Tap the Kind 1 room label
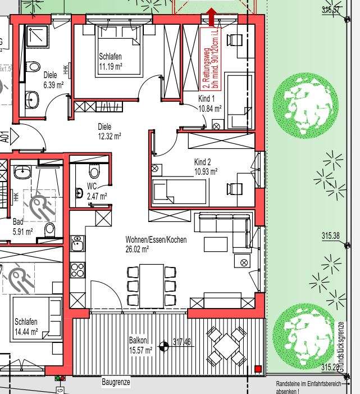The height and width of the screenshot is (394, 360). point(207,99)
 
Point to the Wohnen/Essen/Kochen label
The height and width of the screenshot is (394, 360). point(156,239)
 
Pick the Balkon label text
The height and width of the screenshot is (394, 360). point(138,340)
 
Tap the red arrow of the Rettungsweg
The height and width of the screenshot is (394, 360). point(211,17)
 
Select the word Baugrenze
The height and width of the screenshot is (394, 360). point(116,382)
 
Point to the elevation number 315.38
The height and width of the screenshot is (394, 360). point(331,237)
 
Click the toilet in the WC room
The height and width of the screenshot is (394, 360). point(94,171)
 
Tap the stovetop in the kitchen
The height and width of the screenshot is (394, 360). point(78,270)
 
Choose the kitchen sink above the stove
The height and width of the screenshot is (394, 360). point(77,244)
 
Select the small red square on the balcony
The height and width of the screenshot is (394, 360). point(257,369)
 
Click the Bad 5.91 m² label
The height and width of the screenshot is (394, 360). point(22,225)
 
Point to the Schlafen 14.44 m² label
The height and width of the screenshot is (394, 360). point(26,327)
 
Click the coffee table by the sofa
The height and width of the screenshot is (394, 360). point(215,244)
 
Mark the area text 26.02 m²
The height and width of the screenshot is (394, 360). point(137,248)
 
